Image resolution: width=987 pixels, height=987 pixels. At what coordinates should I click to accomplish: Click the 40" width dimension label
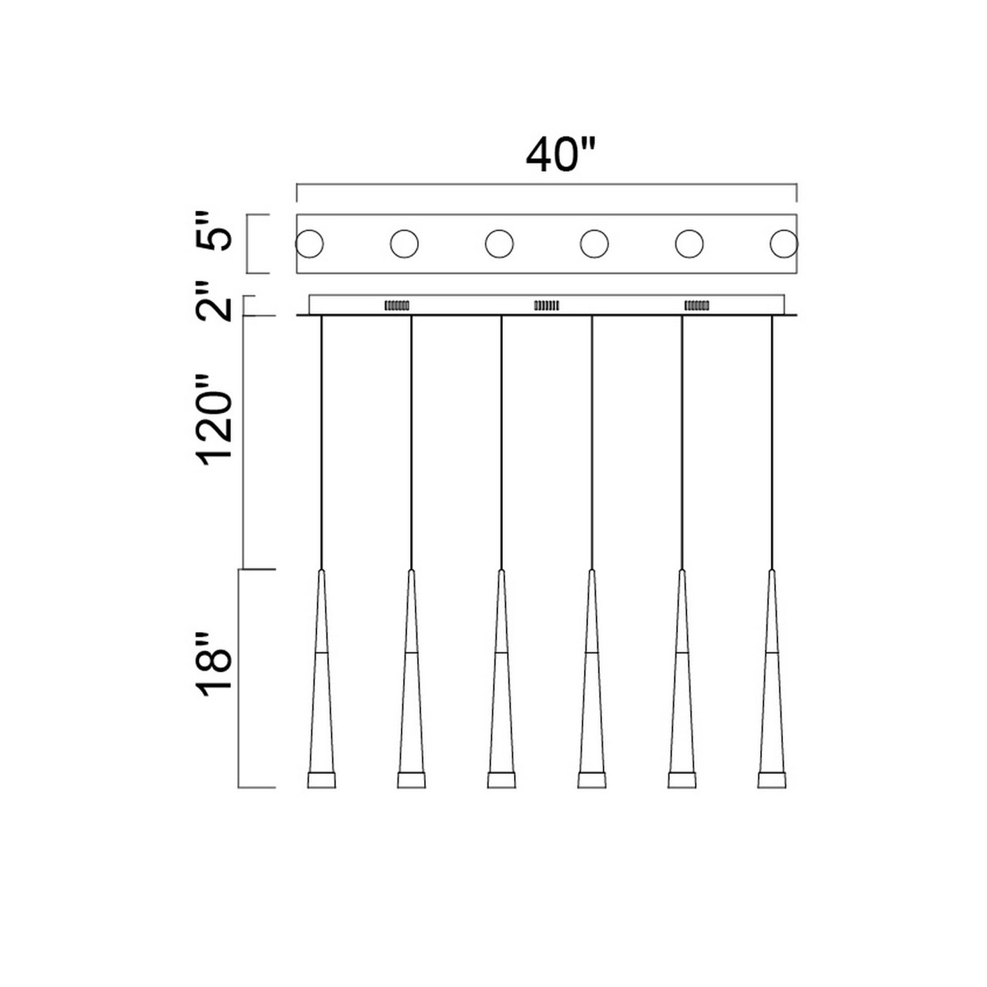point(561,155)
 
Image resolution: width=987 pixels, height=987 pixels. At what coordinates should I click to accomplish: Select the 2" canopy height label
point(214,301)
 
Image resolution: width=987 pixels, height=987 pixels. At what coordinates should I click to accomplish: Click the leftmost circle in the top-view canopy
point(309,244)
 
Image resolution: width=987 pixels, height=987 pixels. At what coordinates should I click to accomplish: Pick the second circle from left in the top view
point(404,244)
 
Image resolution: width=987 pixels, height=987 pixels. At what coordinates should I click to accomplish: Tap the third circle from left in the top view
point(499,244)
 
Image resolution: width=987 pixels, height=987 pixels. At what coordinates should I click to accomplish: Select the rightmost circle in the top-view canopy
point(784,244)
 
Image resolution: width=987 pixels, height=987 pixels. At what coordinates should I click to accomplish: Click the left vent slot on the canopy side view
point(396,305)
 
